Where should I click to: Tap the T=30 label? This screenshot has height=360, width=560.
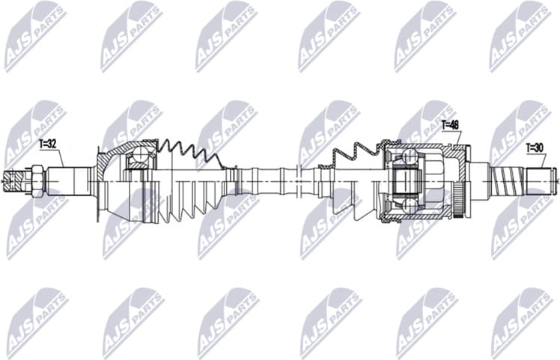click(535, 147)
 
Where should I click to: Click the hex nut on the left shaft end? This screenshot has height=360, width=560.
click(34, 180)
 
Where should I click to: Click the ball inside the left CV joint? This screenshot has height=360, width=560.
click(139, 156)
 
